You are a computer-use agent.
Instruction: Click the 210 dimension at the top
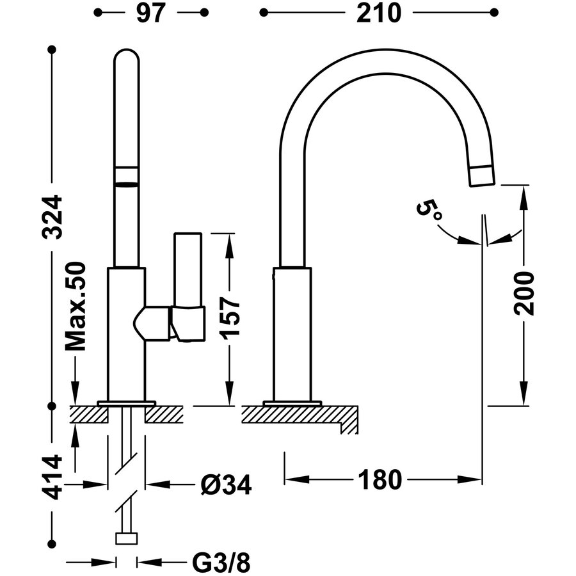pos(380,13)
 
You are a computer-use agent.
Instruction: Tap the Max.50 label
pos(76,306)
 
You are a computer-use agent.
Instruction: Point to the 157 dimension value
pos(232,317)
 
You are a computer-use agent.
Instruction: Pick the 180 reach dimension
pos(380,479)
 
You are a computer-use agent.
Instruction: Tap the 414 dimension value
pos(54,477)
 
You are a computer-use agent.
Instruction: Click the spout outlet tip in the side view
pos(482,176)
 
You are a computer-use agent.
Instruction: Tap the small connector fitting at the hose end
pos(127,538)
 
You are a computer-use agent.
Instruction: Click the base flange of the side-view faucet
pos(291,403)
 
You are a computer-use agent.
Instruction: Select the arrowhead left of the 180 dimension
pos(292,479)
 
